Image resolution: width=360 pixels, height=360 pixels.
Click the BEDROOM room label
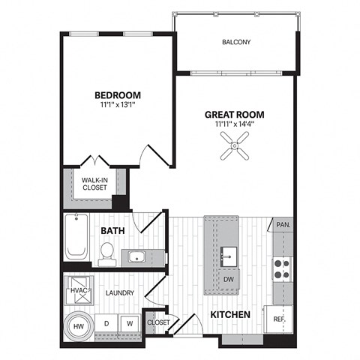point(118,94)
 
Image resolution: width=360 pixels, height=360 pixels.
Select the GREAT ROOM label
point(235,115)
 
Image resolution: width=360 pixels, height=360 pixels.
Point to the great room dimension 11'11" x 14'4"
point(235,125)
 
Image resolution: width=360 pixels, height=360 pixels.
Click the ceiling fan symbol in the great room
point(235,151)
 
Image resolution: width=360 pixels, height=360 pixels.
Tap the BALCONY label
point(236,42)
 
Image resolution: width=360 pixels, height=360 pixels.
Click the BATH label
point(112,231)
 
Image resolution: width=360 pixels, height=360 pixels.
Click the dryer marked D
point(106,323)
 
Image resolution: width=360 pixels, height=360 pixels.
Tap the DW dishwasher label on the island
point(229,278)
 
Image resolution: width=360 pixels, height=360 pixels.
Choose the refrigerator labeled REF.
point(280,319)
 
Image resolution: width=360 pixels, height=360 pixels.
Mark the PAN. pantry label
point(283,225)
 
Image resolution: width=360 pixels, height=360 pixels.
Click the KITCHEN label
point(229,315)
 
